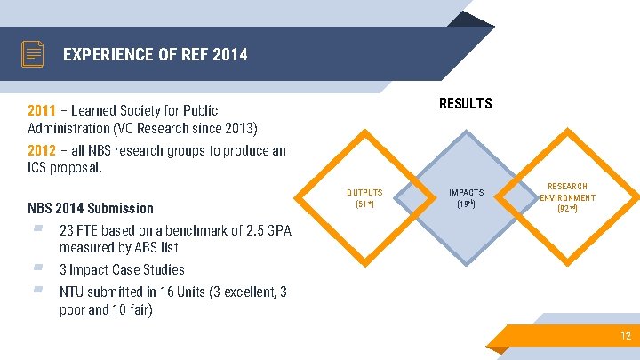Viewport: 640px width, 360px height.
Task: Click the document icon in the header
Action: tap(33, 54)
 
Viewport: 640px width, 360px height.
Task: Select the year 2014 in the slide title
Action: tap(229, 55)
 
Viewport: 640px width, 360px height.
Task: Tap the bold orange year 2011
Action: tap(42, 111)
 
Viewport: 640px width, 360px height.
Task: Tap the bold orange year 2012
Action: tap(42, 150)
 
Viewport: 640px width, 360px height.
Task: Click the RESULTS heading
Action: tap(465, 104)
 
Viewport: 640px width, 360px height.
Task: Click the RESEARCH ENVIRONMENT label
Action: tap(567, 197)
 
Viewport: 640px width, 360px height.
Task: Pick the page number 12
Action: tap(626, 336)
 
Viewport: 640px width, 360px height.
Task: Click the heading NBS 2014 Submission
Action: tap(91, 208)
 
